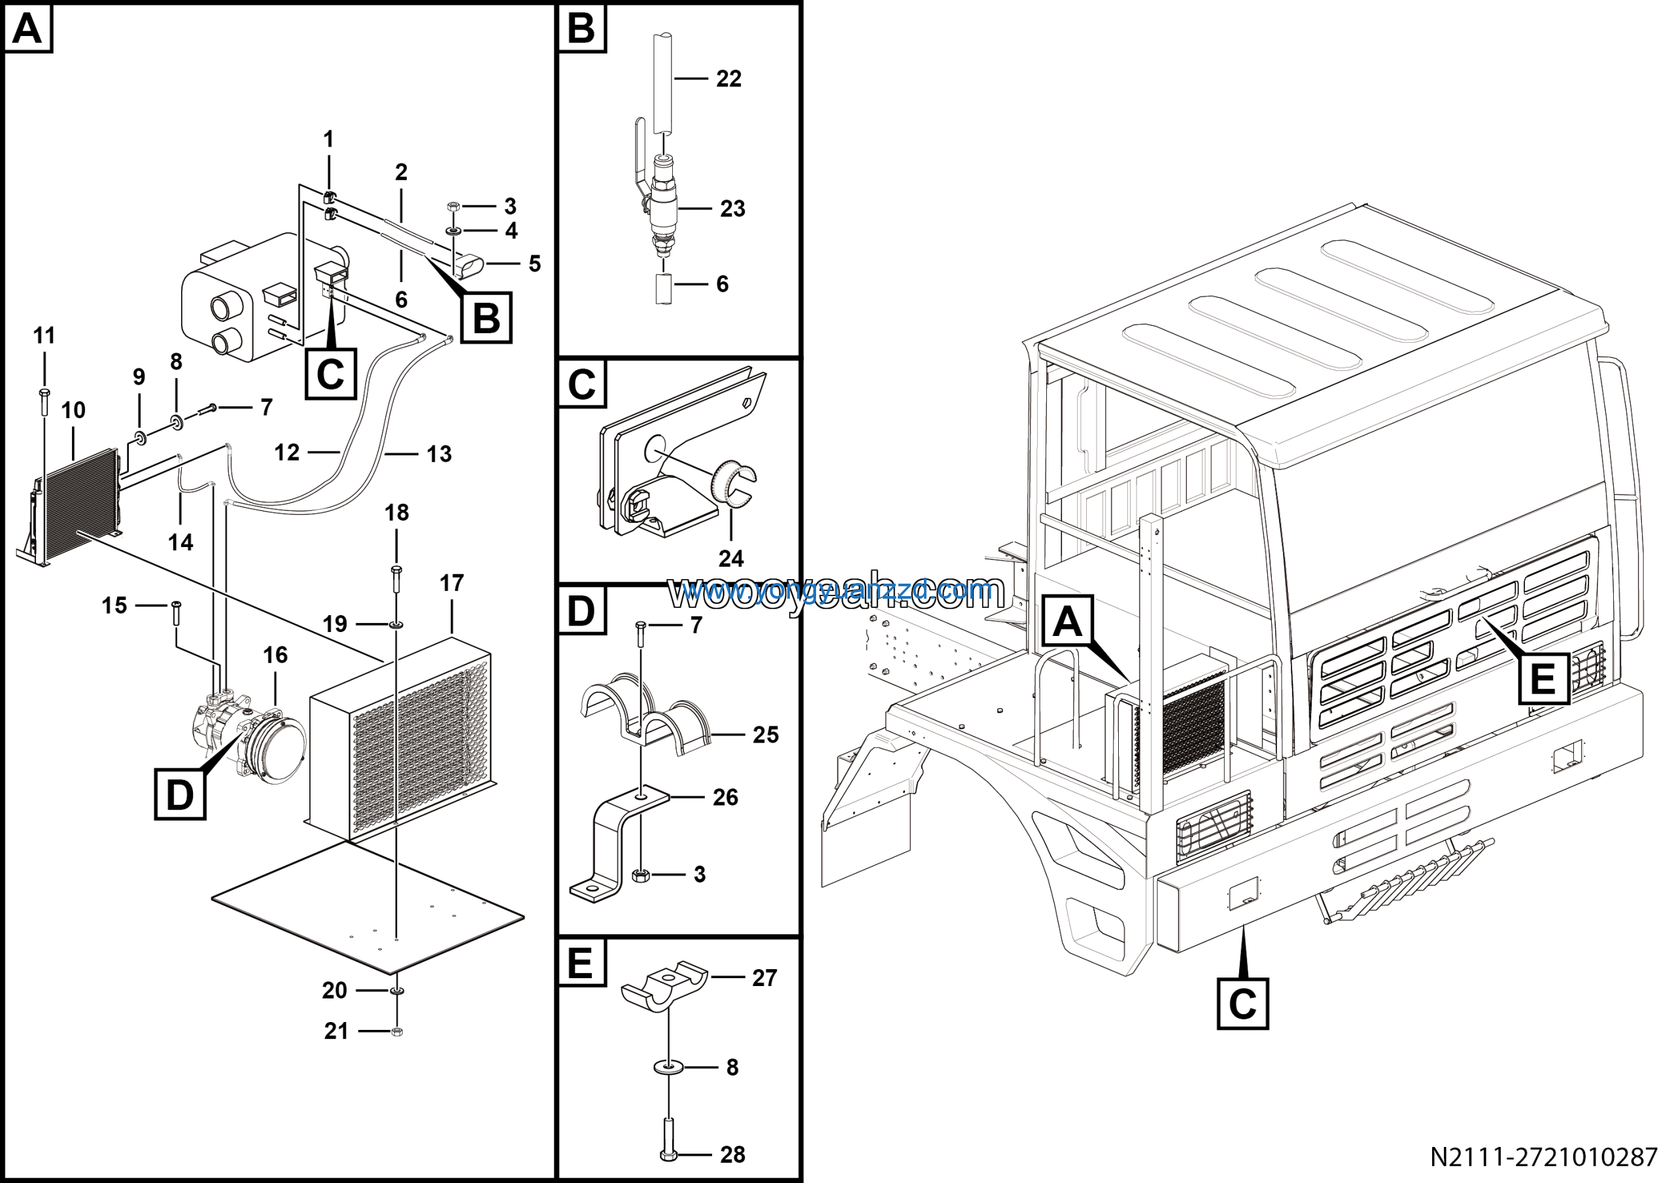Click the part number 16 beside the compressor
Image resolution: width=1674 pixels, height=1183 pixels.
(x=275, y=655)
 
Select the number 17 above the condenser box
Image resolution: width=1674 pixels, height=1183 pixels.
(x=451, y=583)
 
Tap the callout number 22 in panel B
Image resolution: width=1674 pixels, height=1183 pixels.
(x=728, y=79)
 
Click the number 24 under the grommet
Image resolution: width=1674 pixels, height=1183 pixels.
(x=730, y=559)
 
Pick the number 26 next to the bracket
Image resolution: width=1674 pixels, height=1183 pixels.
(x=725, y=797)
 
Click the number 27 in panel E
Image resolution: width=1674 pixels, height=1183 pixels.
(x=764, y=978)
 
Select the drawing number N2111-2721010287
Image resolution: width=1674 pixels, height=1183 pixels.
(x=1543, y=1157)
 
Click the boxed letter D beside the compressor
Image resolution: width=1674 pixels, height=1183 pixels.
(x=180, y=794)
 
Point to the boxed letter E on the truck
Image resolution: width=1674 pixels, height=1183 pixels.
(x=1543, y=679)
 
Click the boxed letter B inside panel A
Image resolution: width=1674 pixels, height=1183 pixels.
(x=487, y=318)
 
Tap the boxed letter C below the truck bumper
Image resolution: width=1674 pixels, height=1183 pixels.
(x=1242, y=1004)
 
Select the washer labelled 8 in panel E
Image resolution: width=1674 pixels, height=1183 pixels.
(x=668, y=1067)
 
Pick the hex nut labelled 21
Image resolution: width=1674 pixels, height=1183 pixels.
(x=398, y=1031)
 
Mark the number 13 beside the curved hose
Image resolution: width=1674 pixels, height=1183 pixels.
(x=439, y=454)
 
